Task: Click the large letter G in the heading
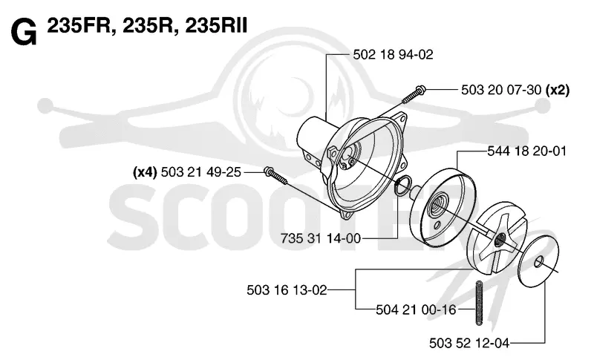coord(24,33)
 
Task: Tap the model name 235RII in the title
coord(216,26)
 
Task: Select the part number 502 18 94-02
coord(393,54)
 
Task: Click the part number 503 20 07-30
coord(501,90)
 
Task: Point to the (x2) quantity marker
coord(558,90)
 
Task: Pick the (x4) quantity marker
coord(145,172)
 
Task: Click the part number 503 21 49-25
coord(200,172)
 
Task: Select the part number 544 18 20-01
coord(526,151)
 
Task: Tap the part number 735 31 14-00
coord(321,238)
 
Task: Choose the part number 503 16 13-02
coord(287,290)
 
